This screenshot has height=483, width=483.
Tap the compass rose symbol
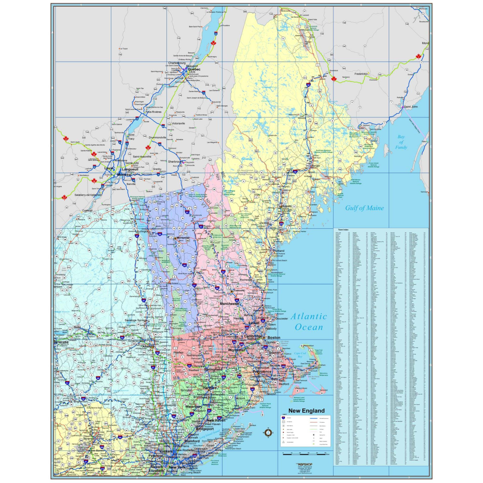click(x=268, y=433)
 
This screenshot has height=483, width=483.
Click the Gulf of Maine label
click(x=364, y=208)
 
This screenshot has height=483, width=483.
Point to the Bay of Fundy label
click(x=401, y=142)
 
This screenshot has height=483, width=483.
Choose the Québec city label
click(x=194, y=69)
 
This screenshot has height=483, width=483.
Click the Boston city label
click(x=274, y=338)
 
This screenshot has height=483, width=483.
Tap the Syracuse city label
click(x=61, y=341)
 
